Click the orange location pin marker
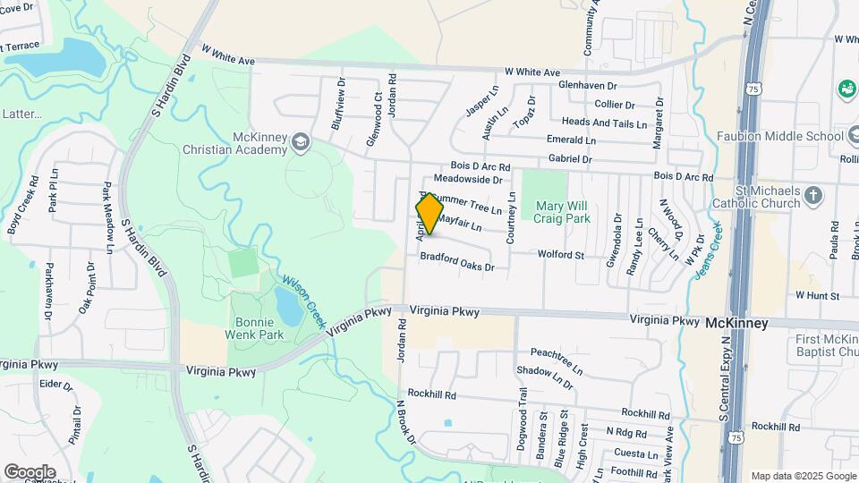(429, 214)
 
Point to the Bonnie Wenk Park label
(259, 328)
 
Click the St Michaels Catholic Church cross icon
(813, 195)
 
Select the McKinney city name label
(736, 323)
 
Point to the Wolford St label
(560, 255)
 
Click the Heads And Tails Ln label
(604, 123)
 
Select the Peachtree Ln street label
(556, 360)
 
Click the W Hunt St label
(817, 295)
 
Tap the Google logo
(30, 471)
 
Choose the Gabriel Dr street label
(570, 158)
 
